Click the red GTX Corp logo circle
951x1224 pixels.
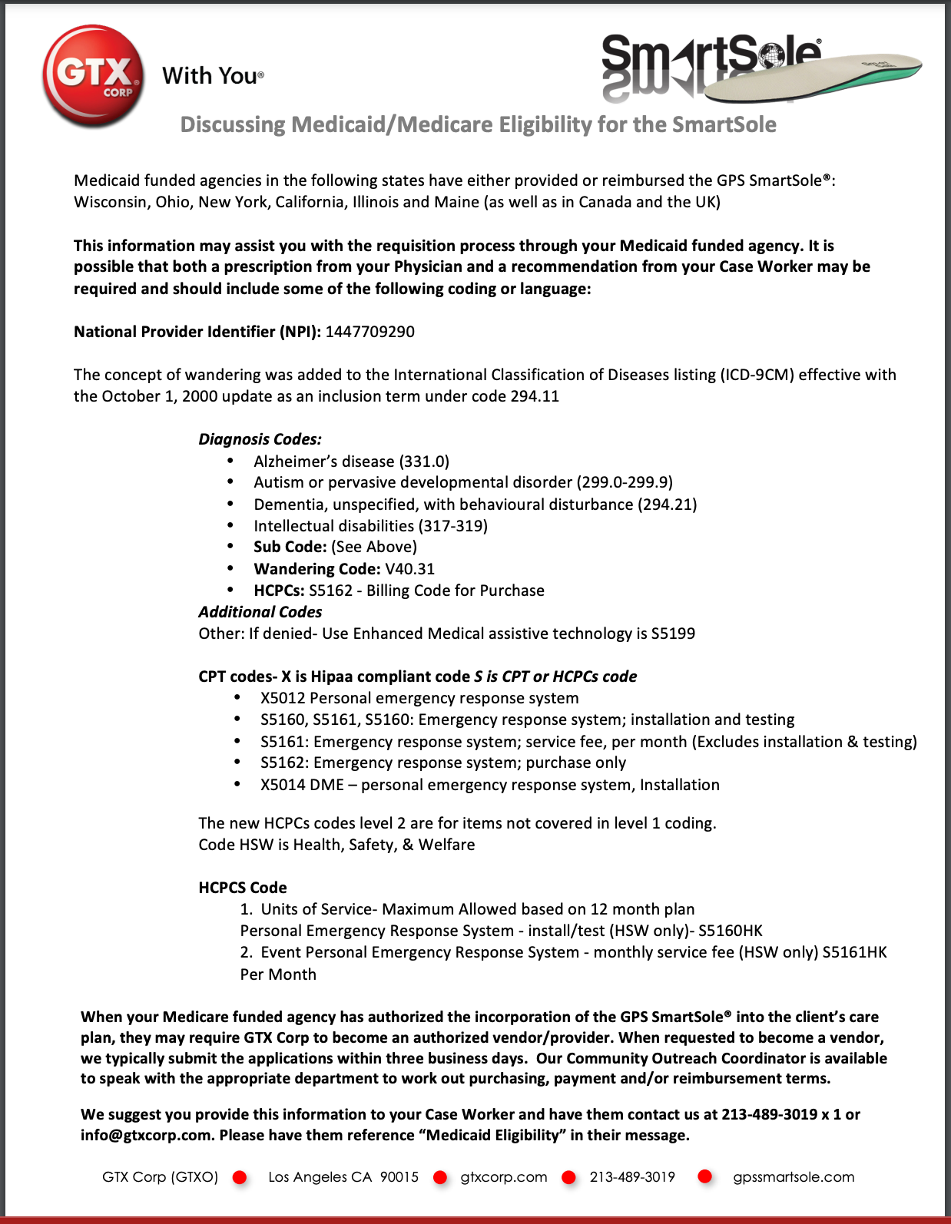93,75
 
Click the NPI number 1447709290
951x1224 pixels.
369,332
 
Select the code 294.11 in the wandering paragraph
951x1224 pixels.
535,396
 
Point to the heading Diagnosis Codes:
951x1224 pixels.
260,439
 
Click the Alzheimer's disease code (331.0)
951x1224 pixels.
424,461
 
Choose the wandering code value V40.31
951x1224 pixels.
409,569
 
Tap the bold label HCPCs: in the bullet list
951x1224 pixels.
279,590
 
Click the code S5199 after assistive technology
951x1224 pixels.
673,634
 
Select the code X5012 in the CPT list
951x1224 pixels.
283,698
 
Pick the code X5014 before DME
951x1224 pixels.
283,785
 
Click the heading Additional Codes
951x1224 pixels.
260,612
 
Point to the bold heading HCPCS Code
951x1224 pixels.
242,888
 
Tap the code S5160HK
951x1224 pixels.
730,931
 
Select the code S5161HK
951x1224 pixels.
854,952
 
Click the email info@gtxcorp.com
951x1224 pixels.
145,1135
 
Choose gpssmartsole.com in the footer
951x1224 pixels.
793,1177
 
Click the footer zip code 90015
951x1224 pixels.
399,1177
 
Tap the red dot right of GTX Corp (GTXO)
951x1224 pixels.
240,1177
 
